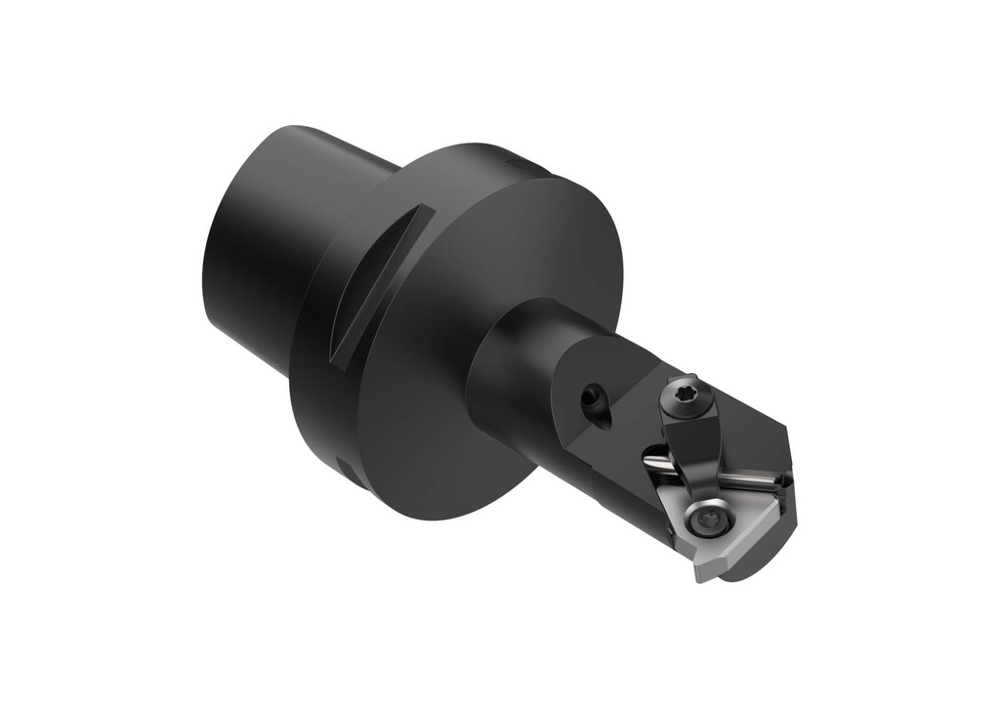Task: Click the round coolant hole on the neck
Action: tap(592, 398)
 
